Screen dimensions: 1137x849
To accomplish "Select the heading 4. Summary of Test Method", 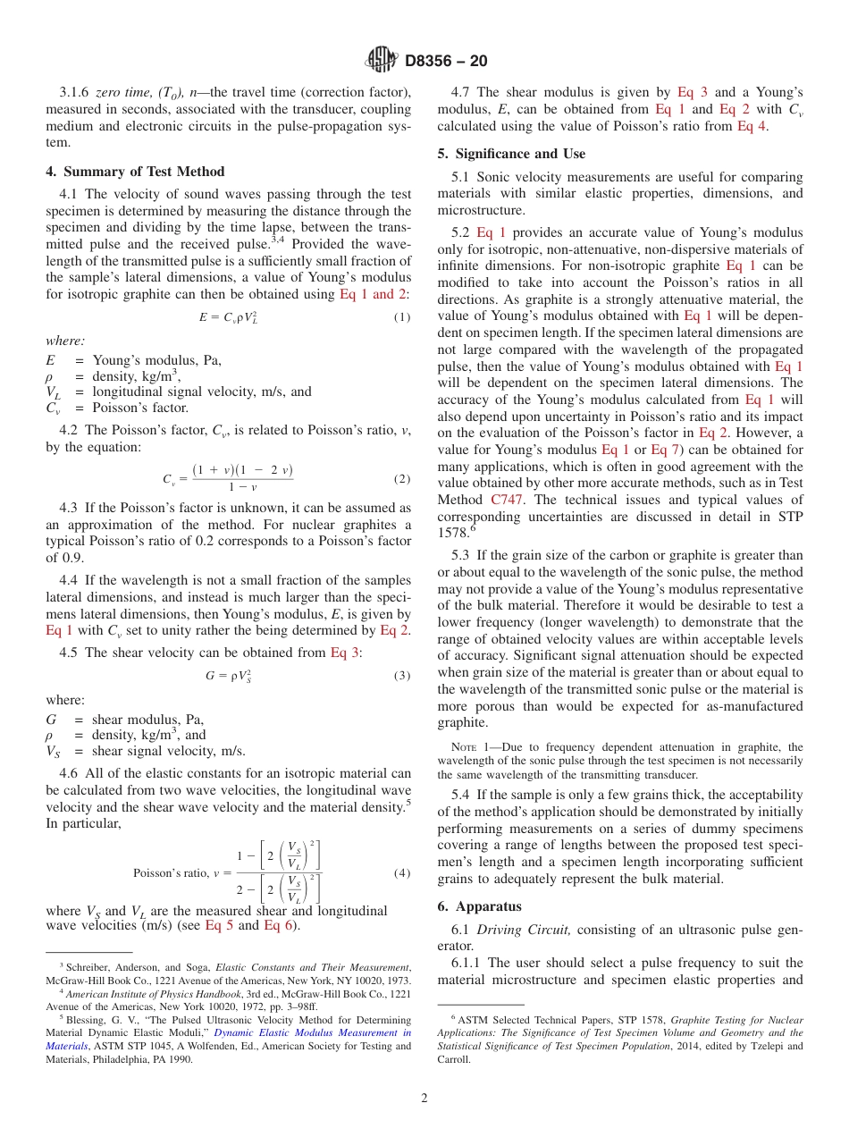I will (x=135, y=172).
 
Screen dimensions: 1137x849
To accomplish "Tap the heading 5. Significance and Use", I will (x=511, y=154).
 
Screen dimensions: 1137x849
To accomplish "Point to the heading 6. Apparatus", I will (x=479, y=906).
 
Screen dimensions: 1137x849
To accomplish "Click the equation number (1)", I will (x=402, y=318).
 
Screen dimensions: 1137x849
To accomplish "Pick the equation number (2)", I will (x=402, y=479).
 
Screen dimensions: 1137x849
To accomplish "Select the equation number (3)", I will (x=402, y=676).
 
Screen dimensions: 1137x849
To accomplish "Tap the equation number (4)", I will (x=402, y=873).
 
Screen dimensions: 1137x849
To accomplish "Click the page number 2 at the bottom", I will (x=424, y=1099).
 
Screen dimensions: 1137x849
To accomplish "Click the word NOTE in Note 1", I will (x=467, y=747).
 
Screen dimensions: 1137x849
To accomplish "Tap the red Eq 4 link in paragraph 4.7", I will (x=751, y=126).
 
